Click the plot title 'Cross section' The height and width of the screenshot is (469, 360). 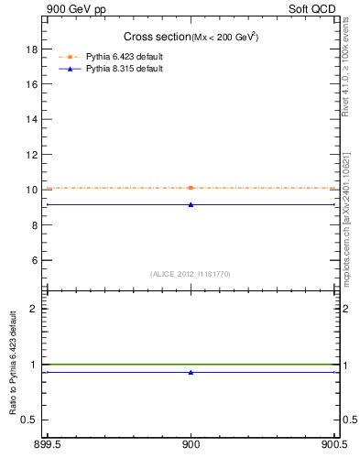[x=156, y=37]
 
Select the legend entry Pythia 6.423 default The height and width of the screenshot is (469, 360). [x=124, y=57]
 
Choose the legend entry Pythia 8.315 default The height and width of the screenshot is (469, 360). [x=124, y=69]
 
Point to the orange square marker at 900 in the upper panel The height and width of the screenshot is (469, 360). [x=191, y=188]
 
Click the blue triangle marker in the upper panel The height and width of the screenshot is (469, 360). [x=191, y=204]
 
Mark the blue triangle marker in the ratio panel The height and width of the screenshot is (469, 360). [x=191, y=372]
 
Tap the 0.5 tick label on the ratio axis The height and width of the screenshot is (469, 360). [x=32, y=420]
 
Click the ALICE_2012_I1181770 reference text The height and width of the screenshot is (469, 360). [x=191, y=273]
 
